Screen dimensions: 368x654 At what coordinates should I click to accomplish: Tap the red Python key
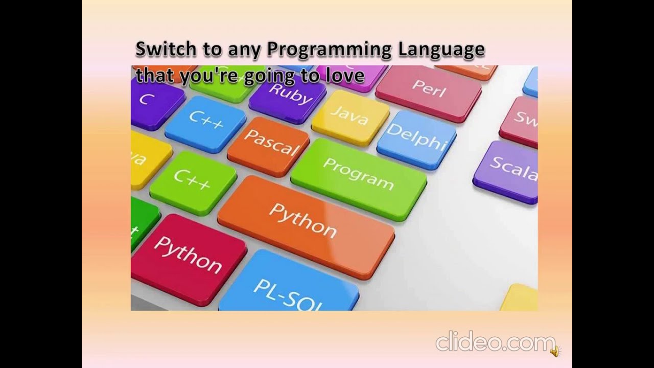[188, 254]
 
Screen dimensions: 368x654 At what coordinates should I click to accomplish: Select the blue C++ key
[205, 123]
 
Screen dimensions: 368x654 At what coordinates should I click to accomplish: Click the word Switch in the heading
[165, 50]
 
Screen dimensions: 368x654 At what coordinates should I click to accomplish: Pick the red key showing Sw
[521, 120]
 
